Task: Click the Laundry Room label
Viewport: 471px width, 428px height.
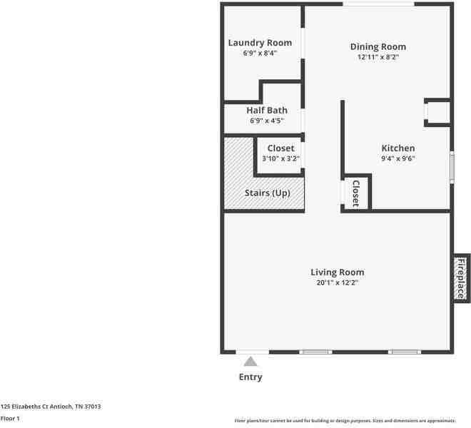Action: pyautogui.click(x=260, y=43)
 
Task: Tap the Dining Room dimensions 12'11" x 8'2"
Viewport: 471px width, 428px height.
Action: pyautogui.click(x=378, y=57)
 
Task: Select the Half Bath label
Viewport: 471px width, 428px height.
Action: pyautogui.click(x=267, y=111)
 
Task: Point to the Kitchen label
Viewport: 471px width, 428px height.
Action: pyautogui.click(x=398, y=148)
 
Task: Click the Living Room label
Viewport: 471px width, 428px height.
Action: pyautogui.click(x=338, y=272)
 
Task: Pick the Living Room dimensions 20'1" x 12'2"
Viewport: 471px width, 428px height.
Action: pyautogui.click(x=338, y=282)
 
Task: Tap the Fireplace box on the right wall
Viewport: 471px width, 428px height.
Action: pyautogui.click(x=462, y=278)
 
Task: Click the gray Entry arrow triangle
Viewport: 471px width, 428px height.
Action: pyautogui.click(x=250, y=362)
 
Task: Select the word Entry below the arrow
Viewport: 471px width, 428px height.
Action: pyautogui.click(x=250, y=377)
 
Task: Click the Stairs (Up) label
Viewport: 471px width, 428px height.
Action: pyautogui.click(x=268, y=193)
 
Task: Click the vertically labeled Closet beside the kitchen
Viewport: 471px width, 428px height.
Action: pyautogui.click(x=355, y=193)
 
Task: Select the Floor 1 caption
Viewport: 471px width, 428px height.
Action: pyautogui.click(x=10, y=419)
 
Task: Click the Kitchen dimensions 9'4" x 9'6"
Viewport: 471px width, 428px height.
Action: pyautogui.click(x=398, y=158)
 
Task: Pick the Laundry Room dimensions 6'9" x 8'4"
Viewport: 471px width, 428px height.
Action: pyautogui.click(x=260, y=53)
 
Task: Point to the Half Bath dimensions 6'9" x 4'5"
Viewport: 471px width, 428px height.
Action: pyautogui.click(x=267, y=121)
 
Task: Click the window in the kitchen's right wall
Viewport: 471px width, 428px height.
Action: pyautogui.click(x=452, y=168)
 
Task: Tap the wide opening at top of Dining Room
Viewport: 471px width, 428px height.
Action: pyautogui.click(x=378, y=4)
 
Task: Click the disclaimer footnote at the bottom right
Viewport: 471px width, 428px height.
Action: pyautogui.click(x=345, y=421)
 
